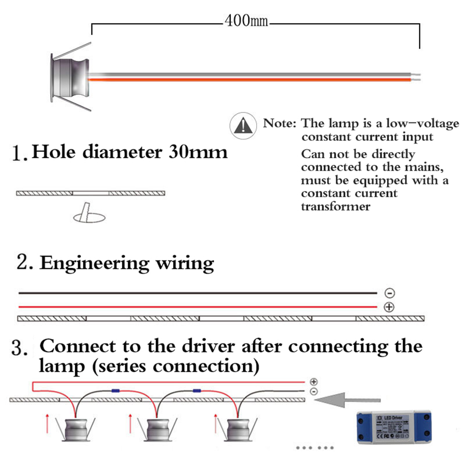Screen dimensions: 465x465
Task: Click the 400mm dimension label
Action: pos(246,21)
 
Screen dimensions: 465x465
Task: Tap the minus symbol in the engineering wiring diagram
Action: pos(390,293)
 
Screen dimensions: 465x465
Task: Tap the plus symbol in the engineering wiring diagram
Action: pos(390,307)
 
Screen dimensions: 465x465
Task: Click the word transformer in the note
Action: pos(335,206)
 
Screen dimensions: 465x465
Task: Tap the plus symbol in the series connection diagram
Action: pos(314,381)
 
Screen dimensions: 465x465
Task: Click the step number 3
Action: pos(17,348)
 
